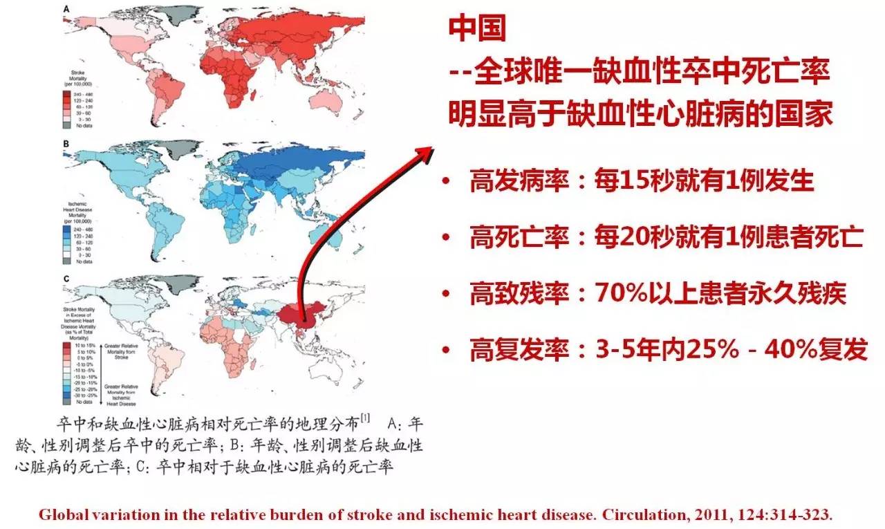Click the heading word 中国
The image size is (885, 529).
pos(477,29)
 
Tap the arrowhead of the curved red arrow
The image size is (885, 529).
pos(424,154)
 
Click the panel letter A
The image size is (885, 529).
pos(66,9)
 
